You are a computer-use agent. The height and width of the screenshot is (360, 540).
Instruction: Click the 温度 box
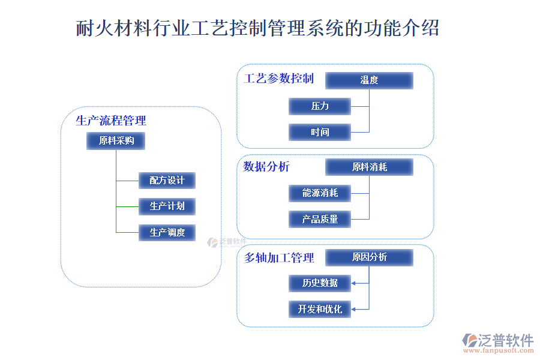click(369, 80)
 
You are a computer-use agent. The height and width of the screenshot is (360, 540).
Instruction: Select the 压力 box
click(320, 106)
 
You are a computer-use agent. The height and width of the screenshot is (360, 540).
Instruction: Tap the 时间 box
click(320, 132)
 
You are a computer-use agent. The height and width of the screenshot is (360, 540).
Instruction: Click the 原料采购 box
click(116, 141)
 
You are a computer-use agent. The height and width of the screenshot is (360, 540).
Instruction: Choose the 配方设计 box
click(167, 180)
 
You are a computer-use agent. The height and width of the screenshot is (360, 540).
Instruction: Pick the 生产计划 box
click(167, 206)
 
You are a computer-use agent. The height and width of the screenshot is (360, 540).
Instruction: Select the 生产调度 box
click(167, 232)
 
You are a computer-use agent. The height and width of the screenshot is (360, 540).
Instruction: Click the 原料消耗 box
click(369, 167)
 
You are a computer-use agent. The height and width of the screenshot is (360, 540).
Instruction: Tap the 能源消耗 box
click(320, 193)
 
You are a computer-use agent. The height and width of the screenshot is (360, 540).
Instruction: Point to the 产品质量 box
click(320, 219)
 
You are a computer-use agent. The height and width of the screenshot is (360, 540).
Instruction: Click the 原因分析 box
click(369, 257)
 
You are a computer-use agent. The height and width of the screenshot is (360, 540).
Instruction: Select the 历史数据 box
click(320, 283)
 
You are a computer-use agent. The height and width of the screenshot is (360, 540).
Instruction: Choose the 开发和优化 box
click(320, 309)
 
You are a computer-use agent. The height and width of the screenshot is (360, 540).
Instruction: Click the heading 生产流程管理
click(111, 121)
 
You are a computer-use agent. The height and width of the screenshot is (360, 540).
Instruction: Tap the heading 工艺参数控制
click(278, 79)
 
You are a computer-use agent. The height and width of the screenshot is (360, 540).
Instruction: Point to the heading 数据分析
click(266, 166)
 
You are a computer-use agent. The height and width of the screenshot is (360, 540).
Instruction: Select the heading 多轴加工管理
click(279, 258)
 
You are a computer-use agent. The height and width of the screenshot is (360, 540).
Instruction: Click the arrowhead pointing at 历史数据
click(354, 283)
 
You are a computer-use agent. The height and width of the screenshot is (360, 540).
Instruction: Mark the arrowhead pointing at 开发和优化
click(354, 309)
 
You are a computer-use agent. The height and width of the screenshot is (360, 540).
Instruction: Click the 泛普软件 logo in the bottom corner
click(497, 342)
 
